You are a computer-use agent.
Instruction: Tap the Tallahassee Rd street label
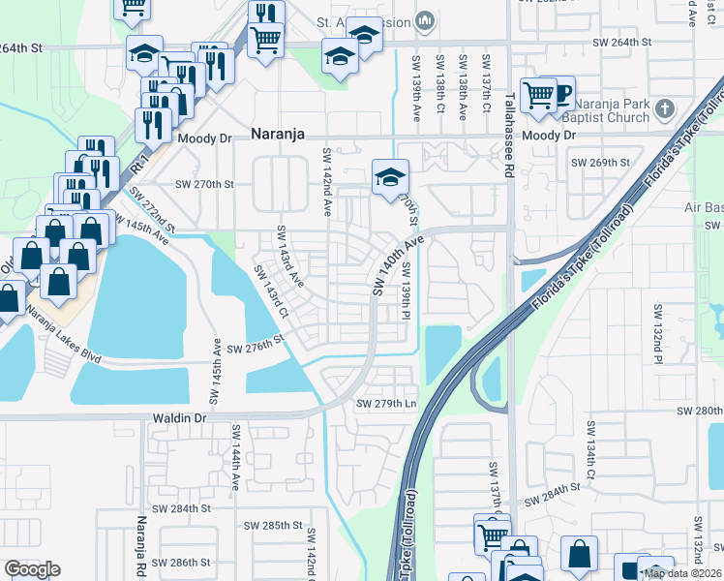coord(509,135)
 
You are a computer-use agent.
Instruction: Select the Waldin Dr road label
coord(179,417)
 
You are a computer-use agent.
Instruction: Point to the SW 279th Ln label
coord(386,404)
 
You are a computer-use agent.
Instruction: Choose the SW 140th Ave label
coord(398,264)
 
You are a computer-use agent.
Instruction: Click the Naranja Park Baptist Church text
coord(613,109)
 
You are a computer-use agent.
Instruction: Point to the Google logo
coord(32,568)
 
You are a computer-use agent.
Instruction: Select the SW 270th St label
coord(204,183)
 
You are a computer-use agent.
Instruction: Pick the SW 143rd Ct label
coord(272,291)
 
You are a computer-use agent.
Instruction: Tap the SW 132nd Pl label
coord(657,334)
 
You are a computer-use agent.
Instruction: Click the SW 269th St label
coord(600,163)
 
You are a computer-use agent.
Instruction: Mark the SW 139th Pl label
coord(407,291)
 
